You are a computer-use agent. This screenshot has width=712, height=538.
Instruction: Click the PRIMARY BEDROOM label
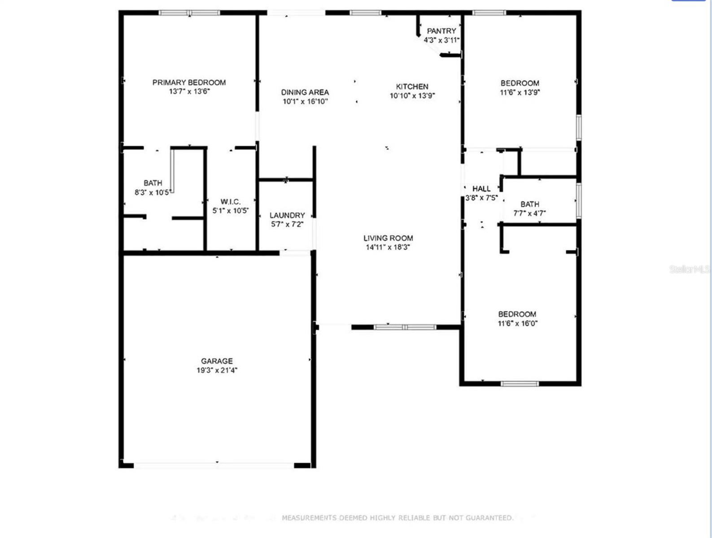click(x=189, y=82)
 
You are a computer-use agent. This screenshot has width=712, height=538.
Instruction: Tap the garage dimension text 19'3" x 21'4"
click(x=217, y=370)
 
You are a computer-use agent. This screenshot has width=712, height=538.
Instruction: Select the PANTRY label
click(x=441, y=31)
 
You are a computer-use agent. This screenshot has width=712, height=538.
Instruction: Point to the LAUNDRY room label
click(x=287, y=215)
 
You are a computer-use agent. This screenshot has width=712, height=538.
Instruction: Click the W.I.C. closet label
click(x=231, y=202)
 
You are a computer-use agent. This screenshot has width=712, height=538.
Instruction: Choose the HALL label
click(x=481, y=189)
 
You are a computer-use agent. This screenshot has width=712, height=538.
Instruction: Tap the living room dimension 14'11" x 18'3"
click(x=388, y=247)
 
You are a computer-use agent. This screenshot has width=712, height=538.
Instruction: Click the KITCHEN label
click(x=412, y=87)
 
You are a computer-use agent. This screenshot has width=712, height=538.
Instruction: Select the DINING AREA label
click(x=305, y=92)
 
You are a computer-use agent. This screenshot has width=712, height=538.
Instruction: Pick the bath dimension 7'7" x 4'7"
click(x=529, y=213)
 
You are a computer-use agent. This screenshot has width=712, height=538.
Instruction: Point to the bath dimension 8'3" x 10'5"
click(x=153, y=193)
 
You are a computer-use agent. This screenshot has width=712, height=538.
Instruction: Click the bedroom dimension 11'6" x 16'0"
click(x=517, y=323)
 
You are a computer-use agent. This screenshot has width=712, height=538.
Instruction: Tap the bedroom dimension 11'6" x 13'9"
click(x=520, y=92)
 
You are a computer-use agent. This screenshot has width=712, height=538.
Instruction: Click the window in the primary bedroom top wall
click(x=189, y=13)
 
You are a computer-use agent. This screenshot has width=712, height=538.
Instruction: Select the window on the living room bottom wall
click(x=405, y=327)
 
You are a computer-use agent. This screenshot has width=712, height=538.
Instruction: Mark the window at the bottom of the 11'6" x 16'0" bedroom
click(x=519, y=384)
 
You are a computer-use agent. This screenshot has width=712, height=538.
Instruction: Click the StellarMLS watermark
click(x=690, y=269)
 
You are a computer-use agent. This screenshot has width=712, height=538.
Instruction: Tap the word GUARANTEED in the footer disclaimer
click(x=489, y=518)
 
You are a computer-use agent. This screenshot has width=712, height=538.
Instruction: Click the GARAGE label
click(x=217, y=361)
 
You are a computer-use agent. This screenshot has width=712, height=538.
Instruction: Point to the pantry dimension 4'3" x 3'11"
click(x=441, y=40)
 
